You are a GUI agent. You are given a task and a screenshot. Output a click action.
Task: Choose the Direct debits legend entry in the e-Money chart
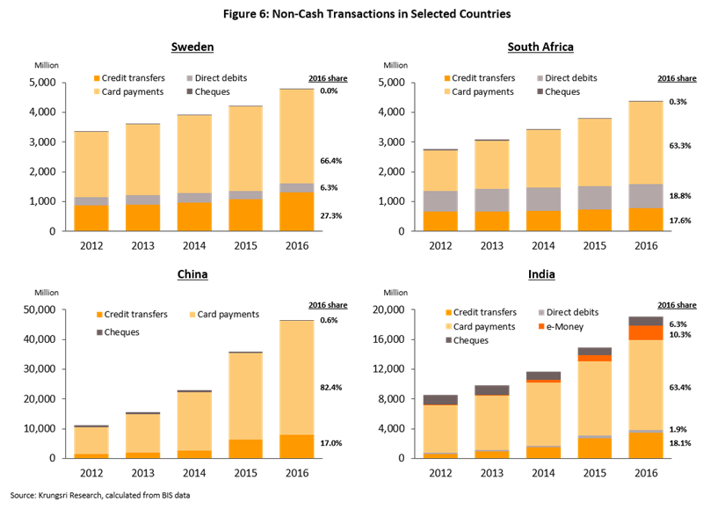click(x=571, y=313)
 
